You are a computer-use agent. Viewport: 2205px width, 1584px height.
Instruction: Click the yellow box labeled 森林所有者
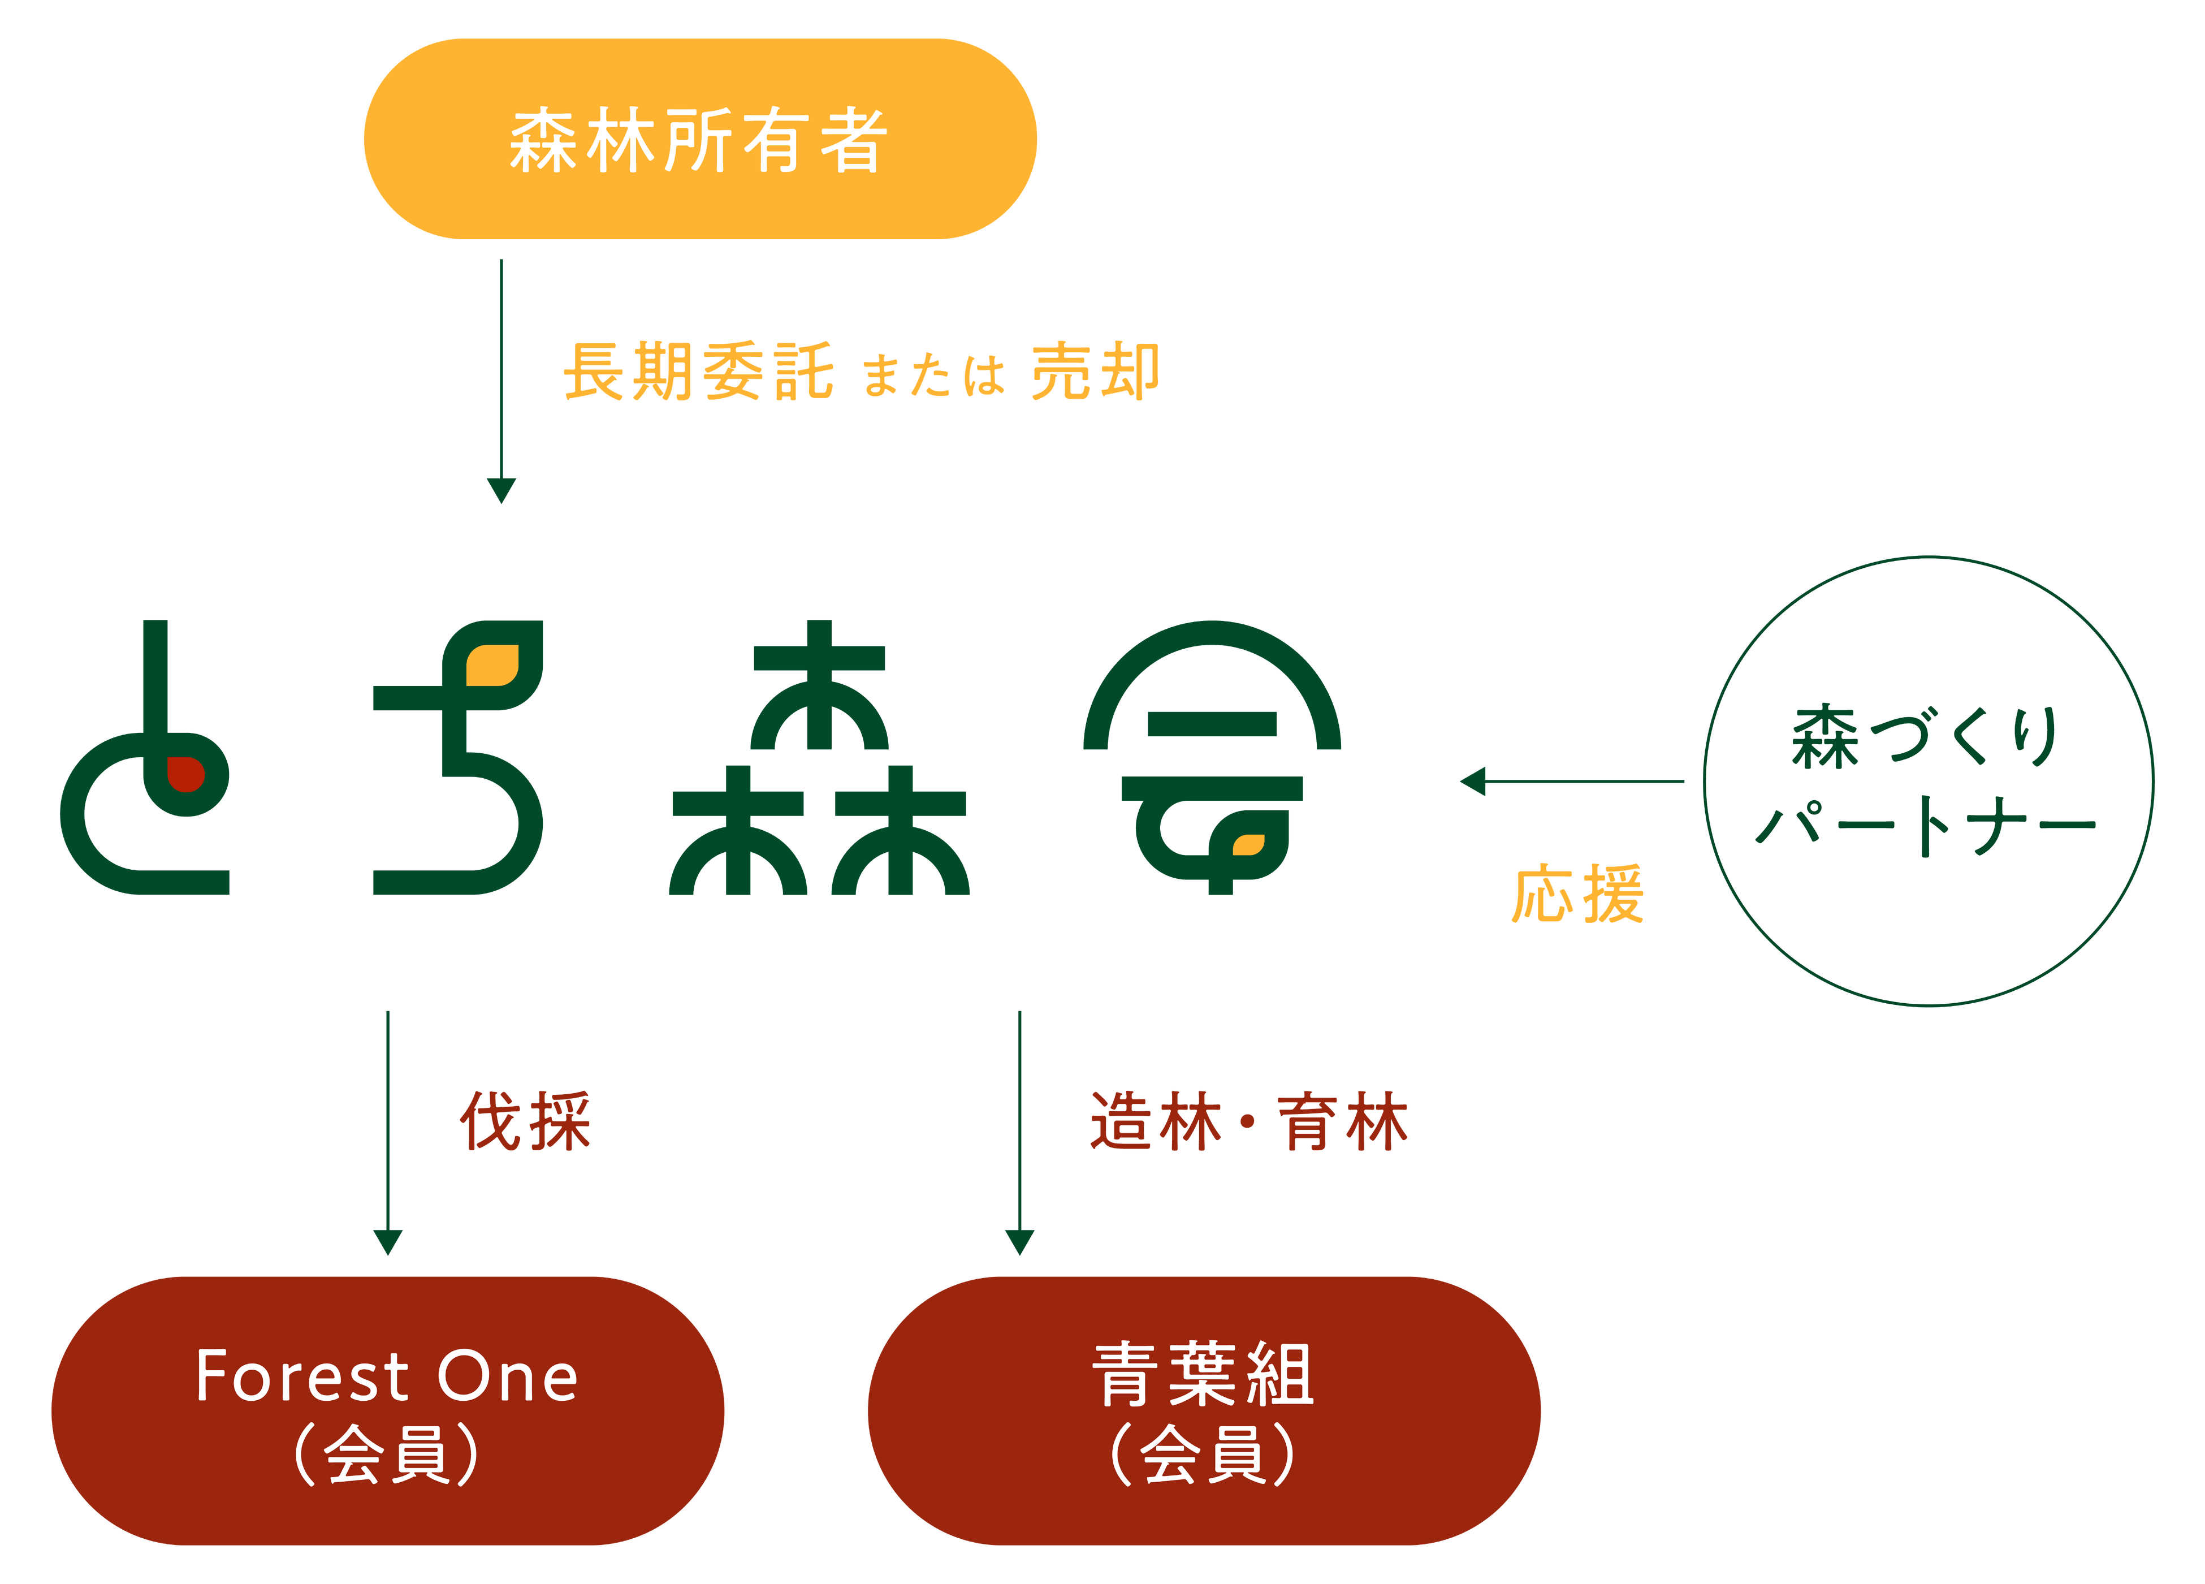tap(700, 139)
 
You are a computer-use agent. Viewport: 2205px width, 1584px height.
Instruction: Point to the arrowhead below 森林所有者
tap(501, 490)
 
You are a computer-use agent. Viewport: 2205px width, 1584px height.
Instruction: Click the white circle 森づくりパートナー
tap(1928, 781)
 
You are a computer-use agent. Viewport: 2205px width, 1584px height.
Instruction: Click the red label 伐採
tap(525, 1121)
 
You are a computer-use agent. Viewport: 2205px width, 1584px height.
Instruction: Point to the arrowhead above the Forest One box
tap(388, 1242)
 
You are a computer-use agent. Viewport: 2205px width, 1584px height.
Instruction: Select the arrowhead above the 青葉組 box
tap(1019, 1242)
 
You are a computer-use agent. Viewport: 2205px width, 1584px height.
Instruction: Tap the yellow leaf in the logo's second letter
tap(492, 666)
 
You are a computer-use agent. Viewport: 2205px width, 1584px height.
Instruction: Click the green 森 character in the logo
tap(820, 758)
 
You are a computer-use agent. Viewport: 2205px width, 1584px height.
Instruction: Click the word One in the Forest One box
tap(508, 1377)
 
